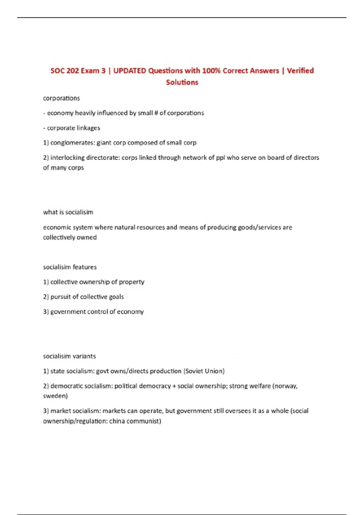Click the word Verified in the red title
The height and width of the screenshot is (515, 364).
(300, 71)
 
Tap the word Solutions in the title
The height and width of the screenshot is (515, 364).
(182, 82)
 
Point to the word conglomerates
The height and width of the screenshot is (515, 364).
(72, 143)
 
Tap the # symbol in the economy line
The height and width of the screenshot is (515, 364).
(156, 113)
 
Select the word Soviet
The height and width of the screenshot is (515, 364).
(194, 371)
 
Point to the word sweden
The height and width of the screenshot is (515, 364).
(55, 396)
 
